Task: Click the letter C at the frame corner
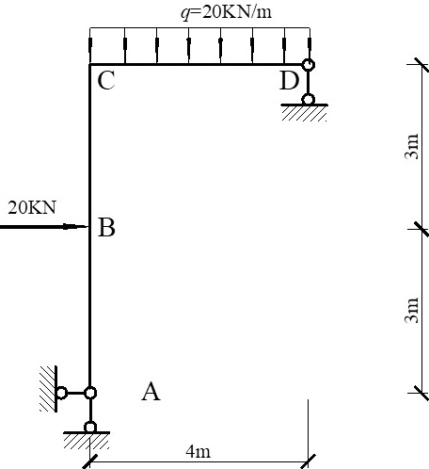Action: coord(106,81)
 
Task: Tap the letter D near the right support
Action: coord(289,81)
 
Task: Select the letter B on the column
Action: coord(106,227)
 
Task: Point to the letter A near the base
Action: coord(151,392)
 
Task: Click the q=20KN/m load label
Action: coord(226,12)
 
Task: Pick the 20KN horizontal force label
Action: coord(32,207)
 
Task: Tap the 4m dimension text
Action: coord(199,452)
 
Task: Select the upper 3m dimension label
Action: coord(412,146)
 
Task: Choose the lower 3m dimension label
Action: coord(412,310)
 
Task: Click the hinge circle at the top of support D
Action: coord(309,65)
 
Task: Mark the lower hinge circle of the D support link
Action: coord(308,100)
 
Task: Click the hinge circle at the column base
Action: coord(90,393)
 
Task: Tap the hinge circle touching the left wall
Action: coord(61,393)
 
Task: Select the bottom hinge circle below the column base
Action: coord(90,428)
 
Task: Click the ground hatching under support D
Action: coord(304,114)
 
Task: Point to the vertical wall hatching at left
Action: coord(48,389)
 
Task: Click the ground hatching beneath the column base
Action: coord(87,441)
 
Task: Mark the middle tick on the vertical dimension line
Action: coord(421,229)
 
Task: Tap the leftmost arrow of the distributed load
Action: coord(90,45)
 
